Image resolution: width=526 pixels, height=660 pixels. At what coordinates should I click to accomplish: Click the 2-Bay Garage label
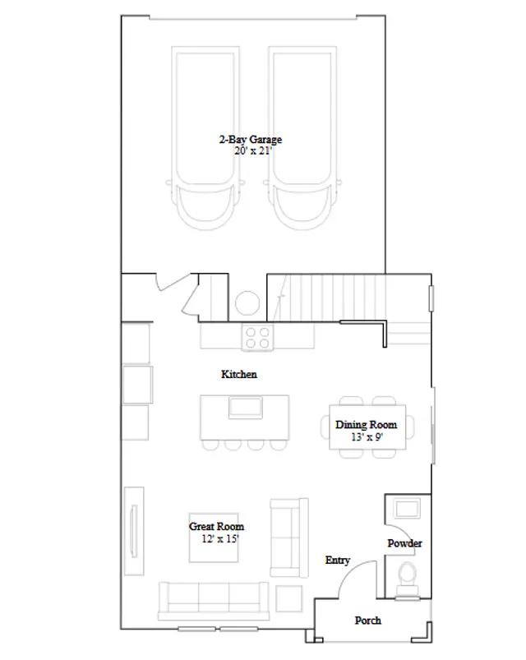pos(251,140)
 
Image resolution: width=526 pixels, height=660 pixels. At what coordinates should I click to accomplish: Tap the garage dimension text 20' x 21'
pos(252,151)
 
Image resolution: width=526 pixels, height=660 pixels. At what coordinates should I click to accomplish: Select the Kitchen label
pos(239,374)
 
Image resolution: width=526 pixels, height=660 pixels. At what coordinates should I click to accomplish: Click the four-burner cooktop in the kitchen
pos(257,337)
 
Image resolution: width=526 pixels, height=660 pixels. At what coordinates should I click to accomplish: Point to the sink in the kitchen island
pos(245,408)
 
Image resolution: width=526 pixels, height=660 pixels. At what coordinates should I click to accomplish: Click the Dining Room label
pos(366,425)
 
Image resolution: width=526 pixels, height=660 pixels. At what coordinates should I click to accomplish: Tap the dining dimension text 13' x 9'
pos(367,437)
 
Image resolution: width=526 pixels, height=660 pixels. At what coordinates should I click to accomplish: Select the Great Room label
pos(216,527)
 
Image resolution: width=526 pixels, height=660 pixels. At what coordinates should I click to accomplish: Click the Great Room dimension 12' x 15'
pos(220,539)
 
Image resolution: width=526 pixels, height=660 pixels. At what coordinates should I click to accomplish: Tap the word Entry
pos(338,561)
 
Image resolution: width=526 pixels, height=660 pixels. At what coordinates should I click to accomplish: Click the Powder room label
pos(405,543)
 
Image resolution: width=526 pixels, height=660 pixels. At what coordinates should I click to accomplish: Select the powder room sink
pos(407,508)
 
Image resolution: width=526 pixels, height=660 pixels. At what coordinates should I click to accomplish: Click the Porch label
pos(367,621)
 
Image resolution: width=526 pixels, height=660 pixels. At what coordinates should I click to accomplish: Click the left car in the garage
pos(205,138)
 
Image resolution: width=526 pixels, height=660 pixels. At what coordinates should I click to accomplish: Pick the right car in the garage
pos(302,138)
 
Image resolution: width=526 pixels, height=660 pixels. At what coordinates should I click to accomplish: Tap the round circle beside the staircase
pos(247,303)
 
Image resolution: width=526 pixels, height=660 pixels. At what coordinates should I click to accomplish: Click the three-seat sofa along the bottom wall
pos(214,601)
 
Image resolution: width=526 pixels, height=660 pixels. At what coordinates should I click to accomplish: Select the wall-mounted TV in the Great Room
pos(134,531)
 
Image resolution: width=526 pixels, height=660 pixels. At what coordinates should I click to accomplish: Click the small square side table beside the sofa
pos(288,598)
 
